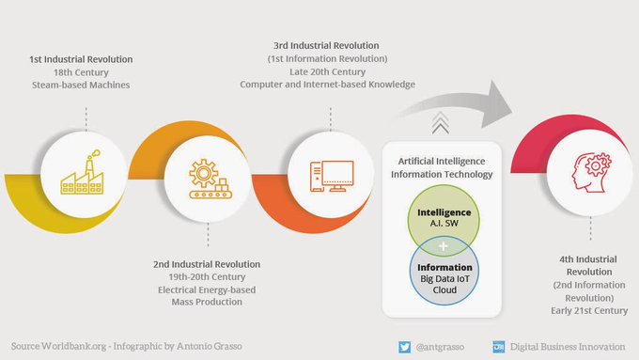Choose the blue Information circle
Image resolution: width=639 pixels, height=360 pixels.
click(x=444, y=275)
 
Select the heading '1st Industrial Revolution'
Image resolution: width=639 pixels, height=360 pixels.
click(x=81, y=59)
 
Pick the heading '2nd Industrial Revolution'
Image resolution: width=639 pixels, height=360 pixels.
click(x=208, y=264)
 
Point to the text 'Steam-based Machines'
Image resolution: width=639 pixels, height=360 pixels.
click(x=81, y=86)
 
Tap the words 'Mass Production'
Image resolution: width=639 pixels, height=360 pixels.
click(x=208, y=303)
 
